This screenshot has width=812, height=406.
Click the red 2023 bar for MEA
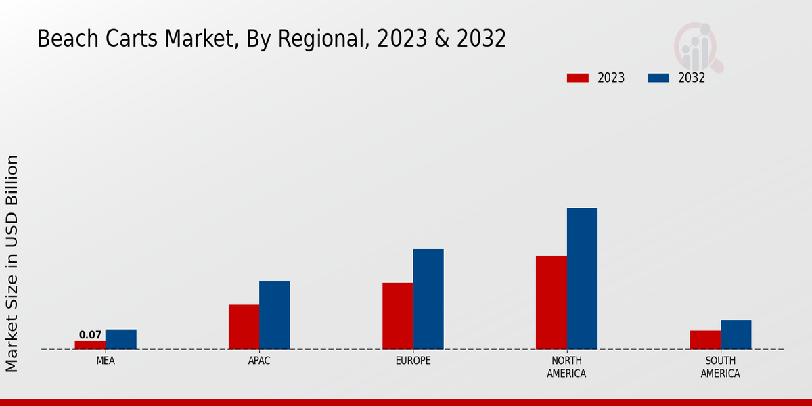coord(90,345)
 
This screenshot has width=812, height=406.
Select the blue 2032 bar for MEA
coord(120,339)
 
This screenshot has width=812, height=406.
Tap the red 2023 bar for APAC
coord(244,327)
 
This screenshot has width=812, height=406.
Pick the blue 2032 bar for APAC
coord(274,315)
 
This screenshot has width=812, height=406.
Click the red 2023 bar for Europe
coord(397,316)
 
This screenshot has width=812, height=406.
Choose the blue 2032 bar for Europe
coord(428,299)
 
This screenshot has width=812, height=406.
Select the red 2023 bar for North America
coord(551,302)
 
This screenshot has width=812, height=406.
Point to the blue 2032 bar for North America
coord(582,278)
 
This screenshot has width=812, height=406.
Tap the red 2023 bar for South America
coord(704,340)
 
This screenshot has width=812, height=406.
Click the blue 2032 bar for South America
coord(736,334)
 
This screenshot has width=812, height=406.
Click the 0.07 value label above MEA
coord(90,335)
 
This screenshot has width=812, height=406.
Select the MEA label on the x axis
coord(106,361)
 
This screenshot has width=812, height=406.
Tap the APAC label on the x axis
coord(259,361)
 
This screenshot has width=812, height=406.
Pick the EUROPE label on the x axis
coord(413,361)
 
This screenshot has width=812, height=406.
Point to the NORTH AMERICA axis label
coord(566,367)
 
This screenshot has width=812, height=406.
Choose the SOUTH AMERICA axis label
coord(720,367)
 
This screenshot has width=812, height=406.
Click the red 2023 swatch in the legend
coord(577,78)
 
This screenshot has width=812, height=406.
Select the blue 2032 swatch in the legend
coord(658,78)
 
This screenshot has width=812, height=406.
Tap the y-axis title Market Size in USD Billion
coord(12,263)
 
